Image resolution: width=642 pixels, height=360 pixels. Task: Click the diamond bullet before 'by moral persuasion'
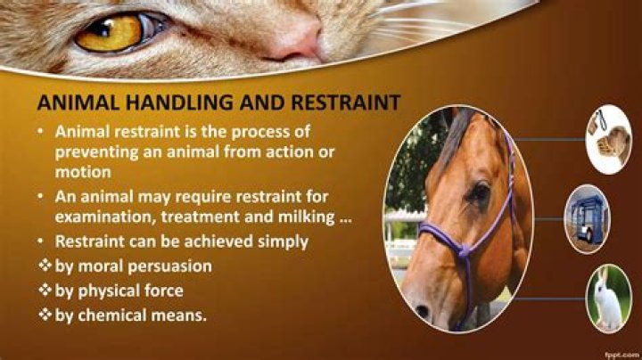[43, 266]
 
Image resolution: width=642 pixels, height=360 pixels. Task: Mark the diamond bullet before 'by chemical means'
[43, 315]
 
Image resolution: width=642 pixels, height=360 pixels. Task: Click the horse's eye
[480, 192]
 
